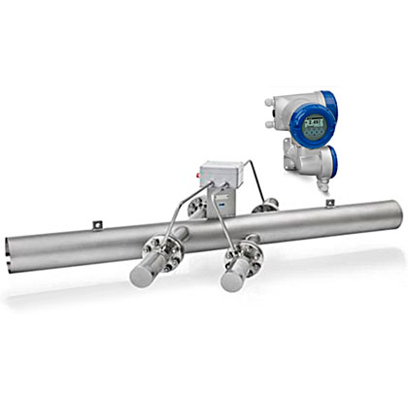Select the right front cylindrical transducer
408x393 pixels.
click(x=233, y=278)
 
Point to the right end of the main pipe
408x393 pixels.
click(x=394, y=210)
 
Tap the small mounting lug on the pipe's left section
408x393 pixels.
click(x=97, y=225)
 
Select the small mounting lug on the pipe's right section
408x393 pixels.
click(x=330, y=202)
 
